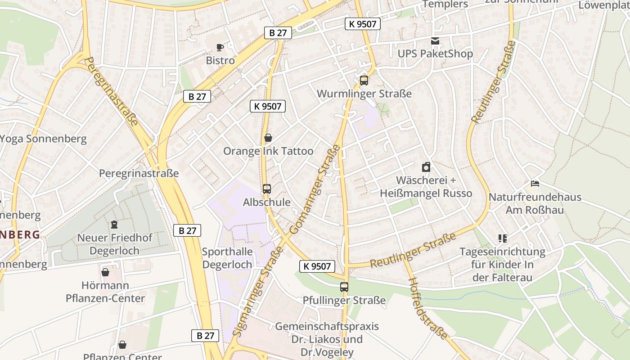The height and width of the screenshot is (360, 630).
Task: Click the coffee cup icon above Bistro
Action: tap(220, 47)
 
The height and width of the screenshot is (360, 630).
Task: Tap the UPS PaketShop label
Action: tap(435, 54)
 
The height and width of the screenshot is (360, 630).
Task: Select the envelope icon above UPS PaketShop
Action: tap(435, 41)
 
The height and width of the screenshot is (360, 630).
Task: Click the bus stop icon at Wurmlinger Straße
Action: tap(364, 81)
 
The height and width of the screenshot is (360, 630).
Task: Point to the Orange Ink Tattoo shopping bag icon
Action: tap(268, 138)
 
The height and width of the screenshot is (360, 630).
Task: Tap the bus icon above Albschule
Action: tap(267, 189)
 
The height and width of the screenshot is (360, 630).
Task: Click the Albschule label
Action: tap(267, 202)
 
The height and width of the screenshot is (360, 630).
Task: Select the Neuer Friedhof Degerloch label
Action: tap(115, 244)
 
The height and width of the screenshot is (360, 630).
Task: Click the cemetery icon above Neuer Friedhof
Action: tap(114, 224)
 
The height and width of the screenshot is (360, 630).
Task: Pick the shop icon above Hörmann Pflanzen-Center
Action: tap(105, 272)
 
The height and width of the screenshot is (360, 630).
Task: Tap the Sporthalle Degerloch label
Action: tap(227, 258)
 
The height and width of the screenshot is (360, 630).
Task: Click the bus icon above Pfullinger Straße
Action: tap(344, 287)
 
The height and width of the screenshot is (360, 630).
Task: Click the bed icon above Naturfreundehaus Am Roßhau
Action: tap(535, 184)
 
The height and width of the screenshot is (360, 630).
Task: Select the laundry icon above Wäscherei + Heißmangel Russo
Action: tap(426, 167)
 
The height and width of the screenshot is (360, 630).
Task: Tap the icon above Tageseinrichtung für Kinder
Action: tap(503, 238)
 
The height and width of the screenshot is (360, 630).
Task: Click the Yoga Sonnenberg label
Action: tap(43, 139)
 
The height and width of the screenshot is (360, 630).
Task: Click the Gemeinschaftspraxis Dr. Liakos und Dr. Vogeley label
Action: tap(327, 339)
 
